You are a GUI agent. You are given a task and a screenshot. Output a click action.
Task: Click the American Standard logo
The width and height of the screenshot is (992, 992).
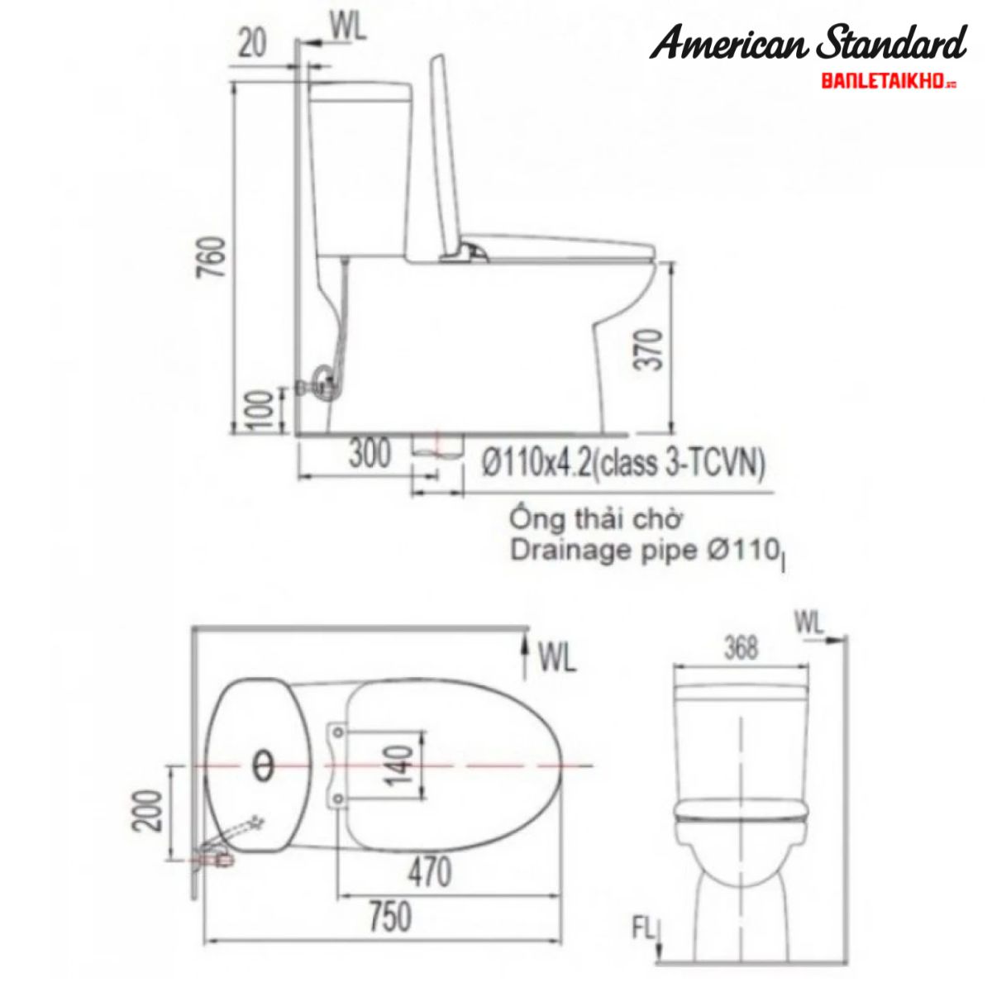coord(807,43)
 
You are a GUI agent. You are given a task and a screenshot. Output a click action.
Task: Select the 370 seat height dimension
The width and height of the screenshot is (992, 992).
coord(652,350)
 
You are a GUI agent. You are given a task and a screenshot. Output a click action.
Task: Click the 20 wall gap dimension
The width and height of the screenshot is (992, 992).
coord(252,43)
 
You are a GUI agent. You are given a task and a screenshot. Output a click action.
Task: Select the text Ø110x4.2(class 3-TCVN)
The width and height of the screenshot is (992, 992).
coord(623,465)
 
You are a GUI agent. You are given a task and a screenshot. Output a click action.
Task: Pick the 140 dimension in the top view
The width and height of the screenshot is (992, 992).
coord(401,766)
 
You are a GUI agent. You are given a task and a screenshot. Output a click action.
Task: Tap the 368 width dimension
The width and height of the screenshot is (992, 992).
coord(740,648)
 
